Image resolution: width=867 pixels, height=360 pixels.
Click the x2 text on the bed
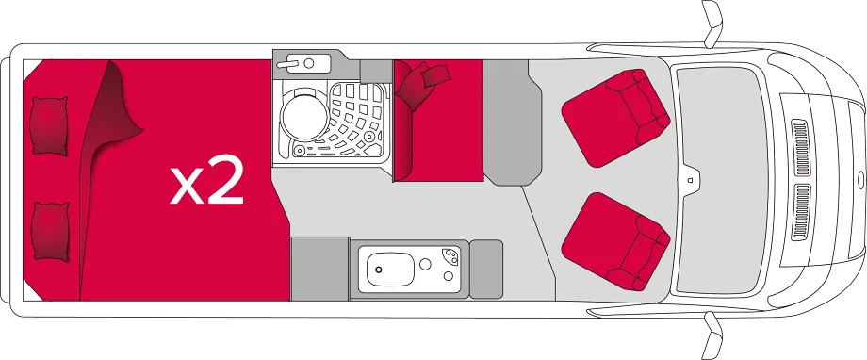click(206, 179)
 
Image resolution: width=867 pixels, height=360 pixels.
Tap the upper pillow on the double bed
click(49, 126)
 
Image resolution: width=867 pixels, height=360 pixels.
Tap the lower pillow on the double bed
click(50, 231)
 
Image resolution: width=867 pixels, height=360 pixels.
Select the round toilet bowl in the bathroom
click(304, 117)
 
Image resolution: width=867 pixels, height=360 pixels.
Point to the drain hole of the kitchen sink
click(379, 270)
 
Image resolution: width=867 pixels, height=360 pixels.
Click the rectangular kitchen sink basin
click(390, 270)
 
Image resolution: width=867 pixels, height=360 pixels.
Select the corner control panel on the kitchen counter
click(451, 256)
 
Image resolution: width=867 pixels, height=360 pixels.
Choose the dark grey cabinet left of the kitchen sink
click(319, 269)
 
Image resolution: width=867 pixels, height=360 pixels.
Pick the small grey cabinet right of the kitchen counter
click(486, 270)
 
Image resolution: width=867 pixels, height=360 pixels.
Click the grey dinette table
click(512, 123)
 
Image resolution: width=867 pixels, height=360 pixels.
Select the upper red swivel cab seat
click(615, 118)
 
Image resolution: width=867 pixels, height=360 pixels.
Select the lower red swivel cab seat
click(615, 241)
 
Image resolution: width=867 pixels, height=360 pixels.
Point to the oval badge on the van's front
click(861, 180)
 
